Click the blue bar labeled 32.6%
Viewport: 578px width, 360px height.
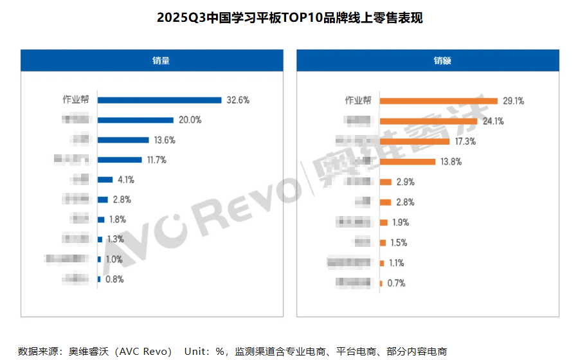coord(159,100)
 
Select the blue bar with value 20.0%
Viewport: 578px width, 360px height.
coord(136,120)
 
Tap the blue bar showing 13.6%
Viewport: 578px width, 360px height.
coord(123,139)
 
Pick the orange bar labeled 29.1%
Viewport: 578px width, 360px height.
coord(438,100)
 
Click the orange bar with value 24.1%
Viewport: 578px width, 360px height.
coord(428,121)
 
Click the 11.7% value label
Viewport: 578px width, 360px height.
coord(156,159)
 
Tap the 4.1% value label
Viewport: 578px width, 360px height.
coord(126,179)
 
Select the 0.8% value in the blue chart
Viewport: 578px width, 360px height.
coord(114,279)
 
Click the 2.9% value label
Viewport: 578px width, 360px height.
coord(405,182)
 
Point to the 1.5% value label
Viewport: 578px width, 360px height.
coord(399,242)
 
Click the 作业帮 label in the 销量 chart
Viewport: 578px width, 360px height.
coord(77,100)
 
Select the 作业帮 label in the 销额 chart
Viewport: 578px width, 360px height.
coord(358,100)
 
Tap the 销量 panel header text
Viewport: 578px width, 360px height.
coord(152,61)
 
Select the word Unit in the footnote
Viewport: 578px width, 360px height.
coord(196,351)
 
